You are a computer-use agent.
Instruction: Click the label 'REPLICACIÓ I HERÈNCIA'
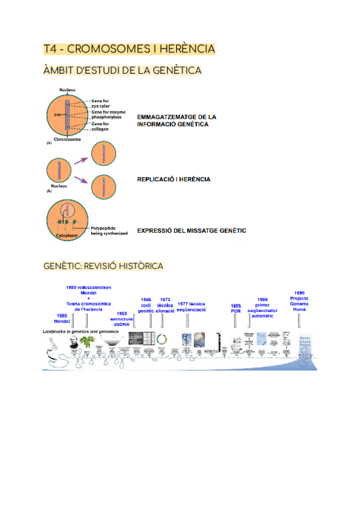(174, 179)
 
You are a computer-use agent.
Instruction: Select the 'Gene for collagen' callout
(100, 126)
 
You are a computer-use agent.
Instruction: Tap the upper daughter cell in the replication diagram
(103, 152)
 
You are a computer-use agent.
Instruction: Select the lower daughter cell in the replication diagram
(103, 187)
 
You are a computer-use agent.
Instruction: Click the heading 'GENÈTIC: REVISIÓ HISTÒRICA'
(103, 265)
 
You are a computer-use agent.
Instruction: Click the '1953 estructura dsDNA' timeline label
(122, 319)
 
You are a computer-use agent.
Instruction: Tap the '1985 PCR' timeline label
(236, 309)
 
